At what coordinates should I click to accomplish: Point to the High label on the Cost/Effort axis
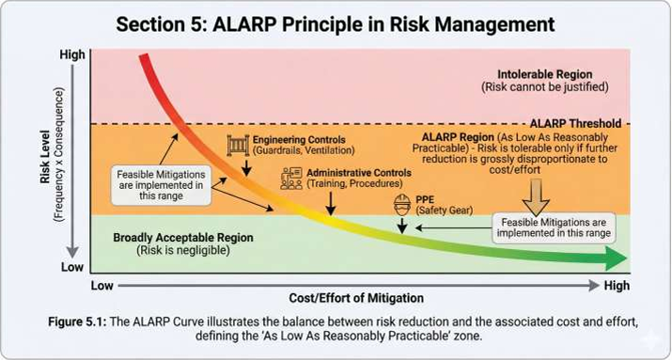point(616,285)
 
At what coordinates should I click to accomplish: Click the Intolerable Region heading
point(532,73)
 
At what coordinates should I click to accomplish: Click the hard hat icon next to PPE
point(401,205)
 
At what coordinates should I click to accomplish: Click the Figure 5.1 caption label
point(78,321)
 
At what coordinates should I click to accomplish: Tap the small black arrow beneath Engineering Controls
point(247,167)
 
